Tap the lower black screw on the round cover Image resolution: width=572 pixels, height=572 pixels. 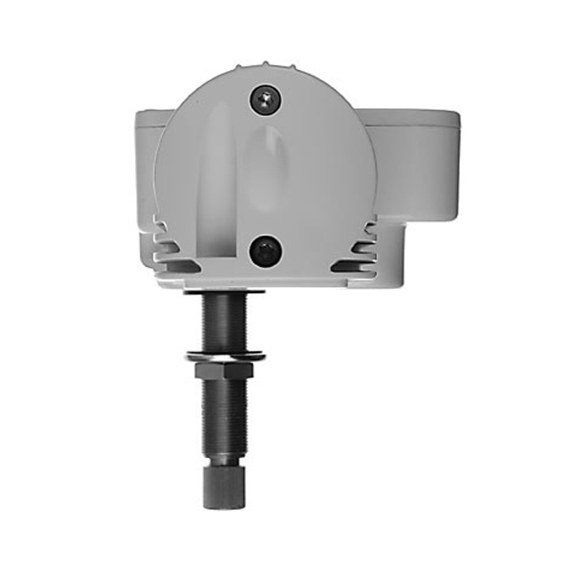point(265,252)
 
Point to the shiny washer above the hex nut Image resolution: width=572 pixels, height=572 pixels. point(226,354)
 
